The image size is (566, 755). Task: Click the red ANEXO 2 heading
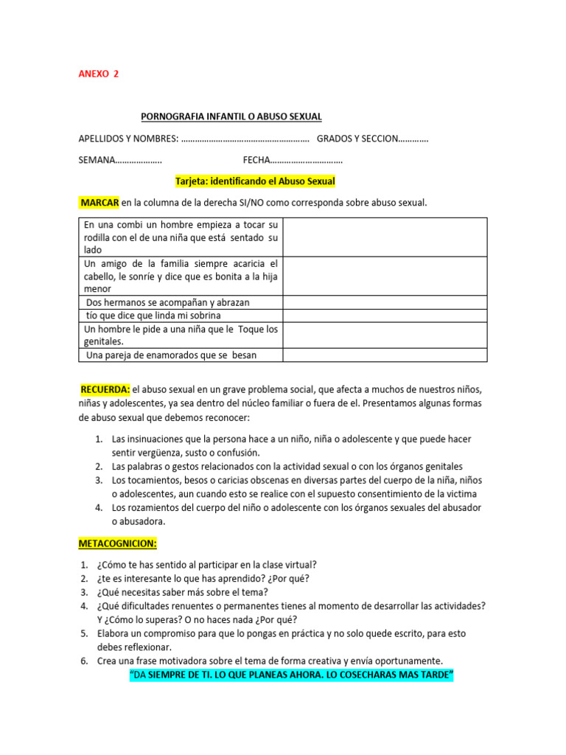point(98,74)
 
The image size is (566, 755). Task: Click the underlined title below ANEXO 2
point(231,116)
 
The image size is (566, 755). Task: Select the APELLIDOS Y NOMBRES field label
point(127,139)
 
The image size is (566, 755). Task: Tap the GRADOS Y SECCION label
point(357,139)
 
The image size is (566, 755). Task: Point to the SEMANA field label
point(97,160)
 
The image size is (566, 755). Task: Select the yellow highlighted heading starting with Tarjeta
point(255,181)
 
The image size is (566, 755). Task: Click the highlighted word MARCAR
point(99,202)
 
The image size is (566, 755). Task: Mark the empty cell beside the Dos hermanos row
point(385,302)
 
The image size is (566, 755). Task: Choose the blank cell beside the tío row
point(385,316)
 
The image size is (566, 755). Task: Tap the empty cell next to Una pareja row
point(385,355)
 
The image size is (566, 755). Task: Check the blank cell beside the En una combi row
point(385,237)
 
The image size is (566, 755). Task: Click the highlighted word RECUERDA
point(105,389)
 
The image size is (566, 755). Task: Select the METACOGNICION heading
point(118,543)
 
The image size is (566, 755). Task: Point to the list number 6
point(84,661)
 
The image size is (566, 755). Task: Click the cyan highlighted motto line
point(291,675)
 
